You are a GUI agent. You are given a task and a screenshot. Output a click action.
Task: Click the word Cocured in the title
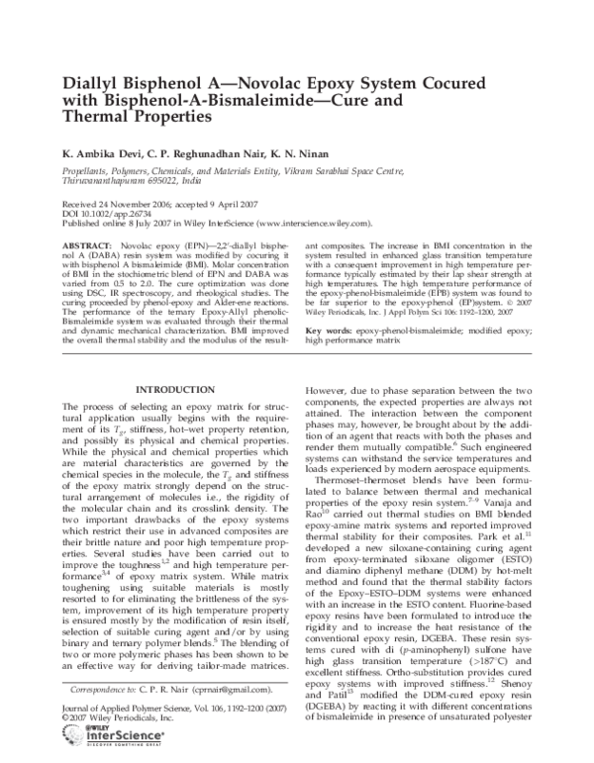[x=489, y=76]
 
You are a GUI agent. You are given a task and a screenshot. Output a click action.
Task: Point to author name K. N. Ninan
[x=337, y=155]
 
